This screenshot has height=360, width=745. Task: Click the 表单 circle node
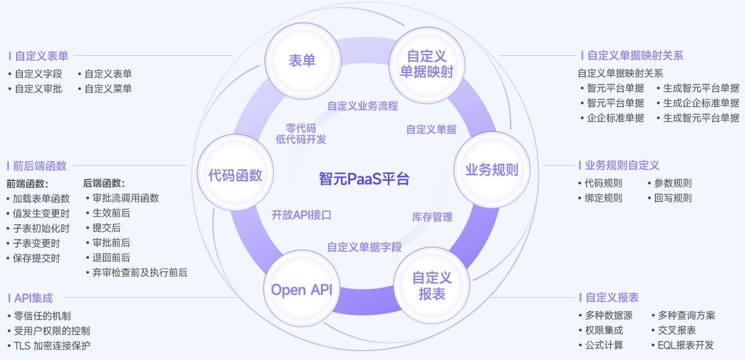(x=302, y=60)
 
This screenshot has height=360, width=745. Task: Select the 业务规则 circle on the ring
(x=492, y=169)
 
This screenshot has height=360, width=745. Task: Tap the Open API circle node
(x=302, y=290)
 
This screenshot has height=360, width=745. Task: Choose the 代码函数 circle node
(x=235, y=175)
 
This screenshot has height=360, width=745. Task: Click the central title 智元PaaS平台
(x=364, y=179)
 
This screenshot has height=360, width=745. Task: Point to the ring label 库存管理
(x=432, y=217)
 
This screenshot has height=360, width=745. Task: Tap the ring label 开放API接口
(x=302, y=215)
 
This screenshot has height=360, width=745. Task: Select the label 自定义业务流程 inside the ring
(x=363, y=106)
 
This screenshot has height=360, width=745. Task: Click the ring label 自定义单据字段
(x=364, y=247)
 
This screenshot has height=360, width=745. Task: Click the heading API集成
(x=33, y=298)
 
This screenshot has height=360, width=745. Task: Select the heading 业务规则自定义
(x=621, y=166)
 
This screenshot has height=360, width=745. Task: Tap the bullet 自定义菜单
(x=108, y=89)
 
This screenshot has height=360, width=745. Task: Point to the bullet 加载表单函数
(x=41, y=199)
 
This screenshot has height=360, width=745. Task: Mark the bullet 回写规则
(x=673, y=198)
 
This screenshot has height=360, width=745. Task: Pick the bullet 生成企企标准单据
(x=701, y=103)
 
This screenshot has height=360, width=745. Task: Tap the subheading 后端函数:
(x=104, y=183)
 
